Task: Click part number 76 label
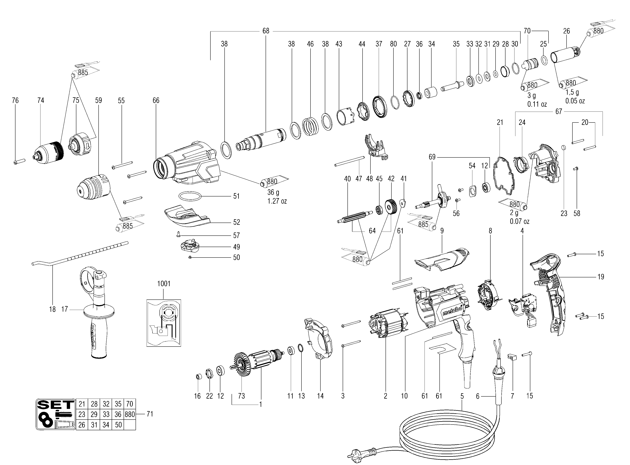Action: pyautogui.click(x=15, y=100)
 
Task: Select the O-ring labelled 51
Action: pyautogui.click(x=191, y=196)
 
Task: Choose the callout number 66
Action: pyautogui.click(x=156, y=100)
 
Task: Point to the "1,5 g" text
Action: pyautogui.click(x=572, y=92)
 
